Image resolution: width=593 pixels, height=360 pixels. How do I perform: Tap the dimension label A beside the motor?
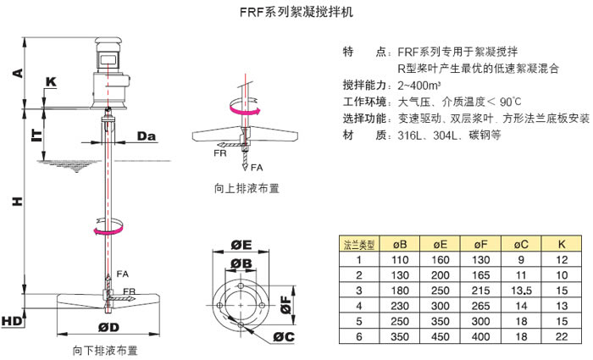pos(17,73)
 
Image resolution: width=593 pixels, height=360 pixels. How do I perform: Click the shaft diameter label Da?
pos(146,136)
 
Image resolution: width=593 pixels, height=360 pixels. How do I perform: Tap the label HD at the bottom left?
pos(12,322)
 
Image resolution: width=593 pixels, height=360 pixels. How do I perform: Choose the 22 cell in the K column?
pos(561,336)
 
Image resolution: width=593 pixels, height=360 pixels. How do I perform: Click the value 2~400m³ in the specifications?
pos(418,86)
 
